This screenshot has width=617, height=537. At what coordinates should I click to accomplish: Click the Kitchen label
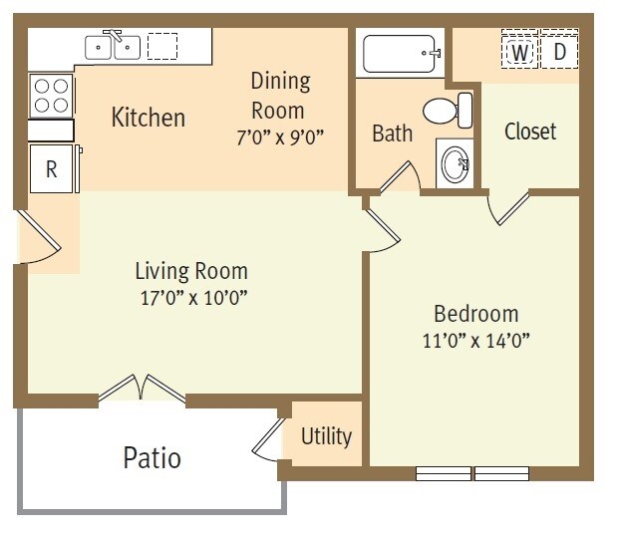click(x=148, y=118)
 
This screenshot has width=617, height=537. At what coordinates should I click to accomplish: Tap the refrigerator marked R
click(x=52, y=169)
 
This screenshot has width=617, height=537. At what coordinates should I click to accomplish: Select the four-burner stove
click(x=51, y=96)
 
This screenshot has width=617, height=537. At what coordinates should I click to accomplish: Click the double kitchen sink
click(x=113, y=46)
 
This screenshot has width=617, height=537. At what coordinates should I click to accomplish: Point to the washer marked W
click(x=519, y=51)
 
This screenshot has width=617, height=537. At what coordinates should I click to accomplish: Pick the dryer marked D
click(x=559, y=51)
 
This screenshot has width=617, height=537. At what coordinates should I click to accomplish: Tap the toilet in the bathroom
click(x=449, y=109)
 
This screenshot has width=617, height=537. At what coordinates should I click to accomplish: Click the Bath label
click(x=392, y=134)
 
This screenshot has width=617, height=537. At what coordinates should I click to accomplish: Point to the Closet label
click(x=529, y=132)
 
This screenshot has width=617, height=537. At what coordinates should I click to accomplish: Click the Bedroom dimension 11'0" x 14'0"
click(x=474, y=340)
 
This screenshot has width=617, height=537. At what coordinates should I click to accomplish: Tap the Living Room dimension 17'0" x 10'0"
click(x=191, y=296)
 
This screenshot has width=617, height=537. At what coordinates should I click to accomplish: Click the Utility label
click(x=326, y=436)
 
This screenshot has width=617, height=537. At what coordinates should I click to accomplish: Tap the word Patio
click(x=152, y=457)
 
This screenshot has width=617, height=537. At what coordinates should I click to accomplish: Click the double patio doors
click(x=142, y=390)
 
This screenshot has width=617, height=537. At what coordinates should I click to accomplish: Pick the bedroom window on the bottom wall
click(x=472, y=473)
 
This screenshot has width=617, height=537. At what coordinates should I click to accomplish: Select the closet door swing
click(x=508, y=207)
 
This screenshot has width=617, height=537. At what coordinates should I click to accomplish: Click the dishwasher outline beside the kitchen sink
click(x=162, y=46)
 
